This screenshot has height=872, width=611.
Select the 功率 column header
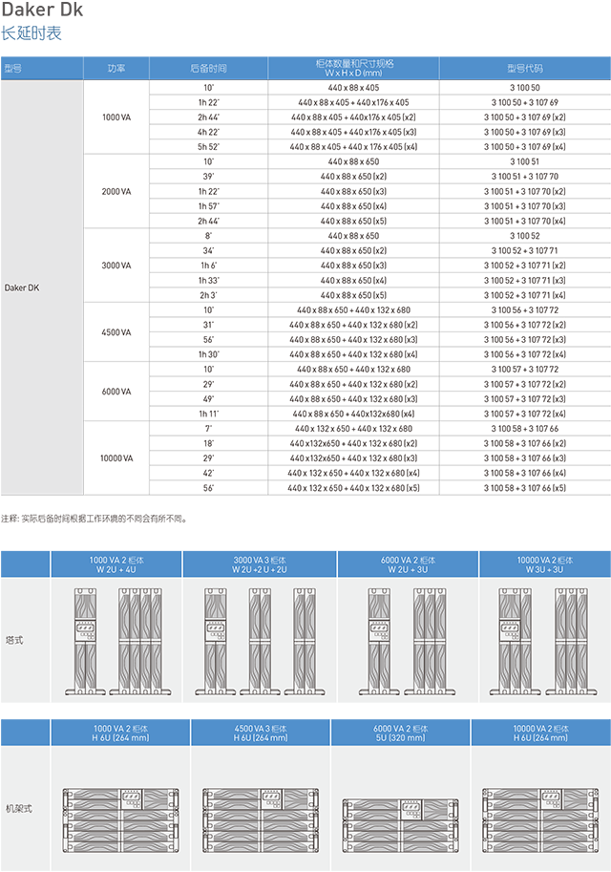pos(116,69)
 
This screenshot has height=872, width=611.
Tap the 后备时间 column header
pos(208,69)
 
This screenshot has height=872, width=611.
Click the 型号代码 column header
pos(524,69)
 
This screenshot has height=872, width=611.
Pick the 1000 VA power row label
pos(116,117)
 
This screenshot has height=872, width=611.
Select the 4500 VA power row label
pos(116,332)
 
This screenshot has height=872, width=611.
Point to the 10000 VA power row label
pos(116,458)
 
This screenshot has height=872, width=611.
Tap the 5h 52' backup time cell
pos(208,146)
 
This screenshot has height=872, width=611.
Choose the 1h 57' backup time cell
pos(208,206)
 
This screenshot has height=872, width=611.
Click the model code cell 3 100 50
pos(524,87)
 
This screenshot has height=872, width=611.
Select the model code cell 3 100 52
pos(524,236)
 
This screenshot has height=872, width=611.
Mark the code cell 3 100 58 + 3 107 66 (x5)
pos(524,488)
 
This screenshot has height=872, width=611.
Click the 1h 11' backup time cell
pos(208,414)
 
